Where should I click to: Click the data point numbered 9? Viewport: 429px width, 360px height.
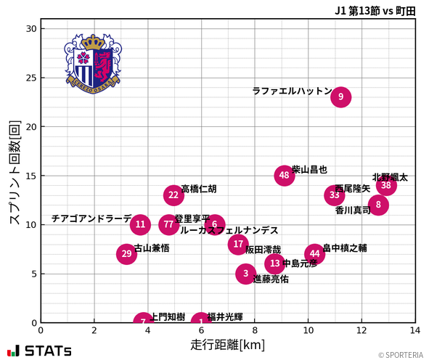click(340, 97)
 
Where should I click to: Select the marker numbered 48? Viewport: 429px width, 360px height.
click(285, 175)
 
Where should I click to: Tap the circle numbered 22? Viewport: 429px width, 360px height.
click(173, 195)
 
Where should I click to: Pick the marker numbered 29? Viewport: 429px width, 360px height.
click(126, 253)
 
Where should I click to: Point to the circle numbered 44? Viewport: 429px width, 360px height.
click(314, 254)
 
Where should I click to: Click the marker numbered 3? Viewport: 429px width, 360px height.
click(246, 274)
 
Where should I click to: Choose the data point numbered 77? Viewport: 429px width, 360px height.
click(168, 224)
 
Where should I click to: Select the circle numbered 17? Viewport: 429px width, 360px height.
click(238, 244)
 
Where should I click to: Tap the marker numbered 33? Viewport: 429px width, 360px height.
click(334, 195)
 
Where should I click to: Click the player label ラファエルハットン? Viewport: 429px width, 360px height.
click(292, 91)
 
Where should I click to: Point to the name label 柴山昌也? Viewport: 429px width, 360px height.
click(310, 169)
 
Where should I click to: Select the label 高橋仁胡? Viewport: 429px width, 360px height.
click(199, 189)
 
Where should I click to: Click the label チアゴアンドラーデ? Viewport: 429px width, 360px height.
click(91, 218)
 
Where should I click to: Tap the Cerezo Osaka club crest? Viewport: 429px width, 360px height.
click(92, 62)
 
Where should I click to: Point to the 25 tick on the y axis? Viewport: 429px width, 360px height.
click(30, 78)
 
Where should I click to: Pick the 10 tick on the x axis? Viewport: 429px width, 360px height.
click(308, 330)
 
